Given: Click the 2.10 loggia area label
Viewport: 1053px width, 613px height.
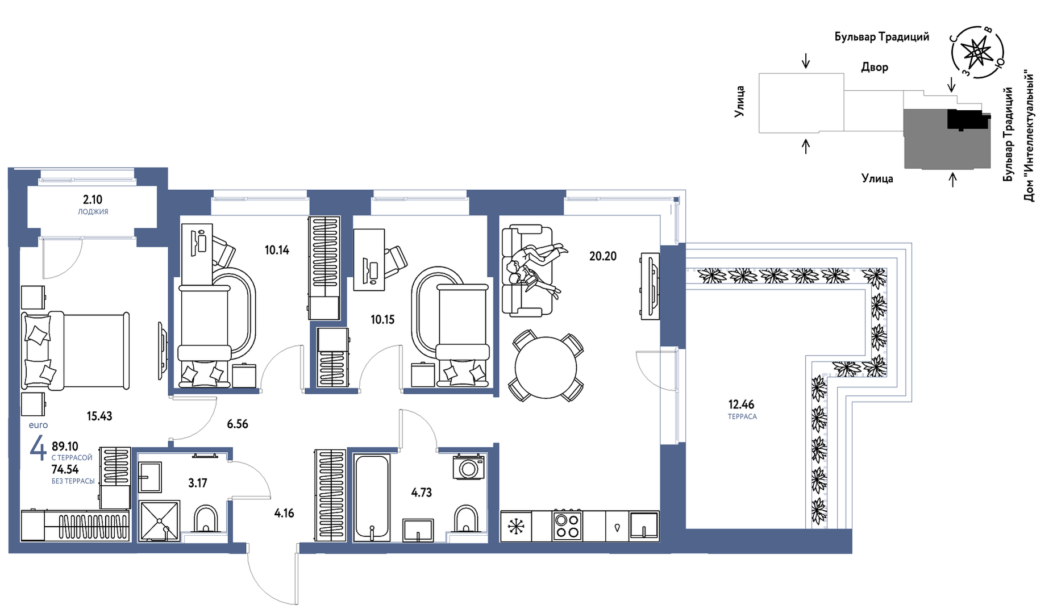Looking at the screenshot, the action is (x=93, y=199).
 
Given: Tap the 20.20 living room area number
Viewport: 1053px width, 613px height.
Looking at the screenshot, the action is (x=602, y=256).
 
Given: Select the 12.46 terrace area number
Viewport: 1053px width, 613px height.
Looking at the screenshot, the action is (x=741, y=405).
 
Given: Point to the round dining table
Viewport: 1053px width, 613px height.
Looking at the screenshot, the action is (x=546, y=367).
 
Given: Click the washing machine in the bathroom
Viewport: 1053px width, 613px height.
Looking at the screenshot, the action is (x=469, y=467).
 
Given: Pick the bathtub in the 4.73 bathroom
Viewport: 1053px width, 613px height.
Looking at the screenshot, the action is (x=372, y=498).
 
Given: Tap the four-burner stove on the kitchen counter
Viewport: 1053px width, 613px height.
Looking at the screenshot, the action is (x=567, y=526).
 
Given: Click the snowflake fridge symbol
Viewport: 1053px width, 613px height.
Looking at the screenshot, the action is (x=516, y=526).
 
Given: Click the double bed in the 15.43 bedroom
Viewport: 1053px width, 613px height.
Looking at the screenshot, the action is (x=76, y=351).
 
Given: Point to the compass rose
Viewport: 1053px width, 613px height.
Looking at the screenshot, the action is (x=977, y=52).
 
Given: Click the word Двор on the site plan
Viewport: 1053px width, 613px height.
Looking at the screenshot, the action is (x=875, y=67).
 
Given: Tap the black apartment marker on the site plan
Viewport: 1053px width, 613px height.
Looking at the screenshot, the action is (x=966, y=120).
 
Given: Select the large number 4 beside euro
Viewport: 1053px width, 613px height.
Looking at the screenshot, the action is (x=38, y=447).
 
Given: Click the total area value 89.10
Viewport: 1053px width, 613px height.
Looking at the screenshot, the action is (x=65, y=447).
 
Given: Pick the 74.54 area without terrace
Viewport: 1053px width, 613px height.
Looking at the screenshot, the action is (x=65, y=469).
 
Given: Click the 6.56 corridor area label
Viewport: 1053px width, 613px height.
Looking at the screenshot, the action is (x=238, y=424).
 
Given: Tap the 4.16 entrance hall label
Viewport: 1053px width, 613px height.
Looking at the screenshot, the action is (x=284, y=513).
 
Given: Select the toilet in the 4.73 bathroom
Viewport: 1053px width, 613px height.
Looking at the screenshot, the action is (x=467, y=519).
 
